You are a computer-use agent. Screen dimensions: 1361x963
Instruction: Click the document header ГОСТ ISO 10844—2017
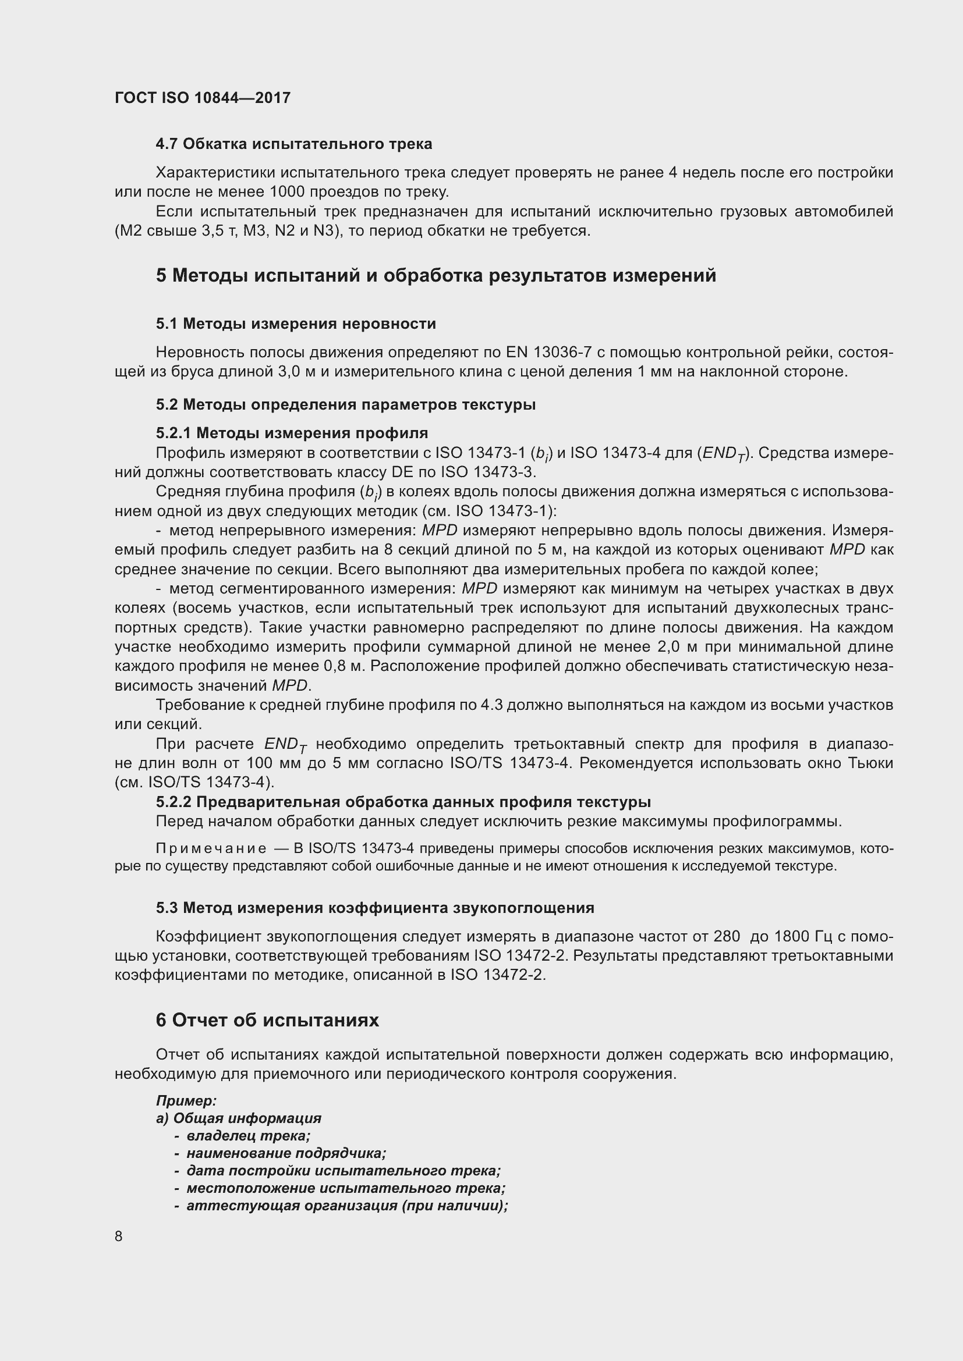point(202,98)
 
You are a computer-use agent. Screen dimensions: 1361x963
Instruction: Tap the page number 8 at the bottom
point(119,1236)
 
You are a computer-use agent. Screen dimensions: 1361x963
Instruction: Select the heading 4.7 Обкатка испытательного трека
point(293,144)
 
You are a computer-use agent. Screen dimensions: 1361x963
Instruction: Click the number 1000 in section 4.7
point(288,192)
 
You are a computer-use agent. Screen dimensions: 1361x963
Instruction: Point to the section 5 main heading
point(436,276)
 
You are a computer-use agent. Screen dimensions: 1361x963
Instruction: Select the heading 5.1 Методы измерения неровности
point(296,324)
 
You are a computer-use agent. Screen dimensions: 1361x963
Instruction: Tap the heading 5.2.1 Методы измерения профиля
point(292,433)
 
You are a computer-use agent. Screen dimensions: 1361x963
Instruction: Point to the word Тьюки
point(870,763)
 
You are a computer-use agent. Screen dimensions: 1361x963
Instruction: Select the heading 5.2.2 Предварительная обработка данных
point(403,802)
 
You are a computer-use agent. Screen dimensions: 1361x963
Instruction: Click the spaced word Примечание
point(211,849)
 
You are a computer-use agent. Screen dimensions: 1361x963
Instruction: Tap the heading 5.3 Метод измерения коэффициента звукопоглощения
point(375,908)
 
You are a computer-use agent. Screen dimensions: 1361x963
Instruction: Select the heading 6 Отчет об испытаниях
point(267,1020)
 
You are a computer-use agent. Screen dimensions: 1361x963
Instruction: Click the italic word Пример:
point(186,1101)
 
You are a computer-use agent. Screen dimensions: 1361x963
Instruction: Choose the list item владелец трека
point(248,1136)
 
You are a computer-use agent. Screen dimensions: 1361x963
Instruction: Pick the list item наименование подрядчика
point(286,1153)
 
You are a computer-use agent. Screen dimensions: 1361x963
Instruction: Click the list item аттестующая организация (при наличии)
point(347,1206)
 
